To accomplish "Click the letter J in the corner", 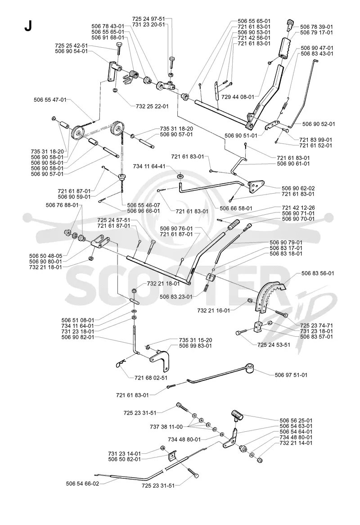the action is click(x=28, y=26).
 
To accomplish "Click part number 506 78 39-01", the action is click(x=316, y=27).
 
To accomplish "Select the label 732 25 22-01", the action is click(x=152, y=106).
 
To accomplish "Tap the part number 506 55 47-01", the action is click(x=50, y=100).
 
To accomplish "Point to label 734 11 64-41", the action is click(x=149, y=166).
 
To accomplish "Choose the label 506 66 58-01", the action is click(x=236, y=208).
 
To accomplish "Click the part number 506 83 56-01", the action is click(x=318, y=273).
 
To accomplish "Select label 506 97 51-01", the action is click(x=291, y=375).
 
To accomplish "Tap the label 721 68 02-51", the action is click(x=151, y=378).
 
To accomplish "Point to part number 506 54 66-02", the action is click(x=83, y=484).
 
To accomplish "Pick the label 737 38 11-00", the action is click(x=166, y=427).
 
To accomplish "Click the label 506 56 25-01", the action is click(x=296, y=421).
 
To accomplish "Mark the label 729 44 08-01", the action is click(x=238, y=97).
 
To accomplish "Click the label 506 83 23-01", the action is click(x=176, y=297).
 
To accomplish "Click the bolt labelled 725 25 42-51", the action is click(x=119, y=50).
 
